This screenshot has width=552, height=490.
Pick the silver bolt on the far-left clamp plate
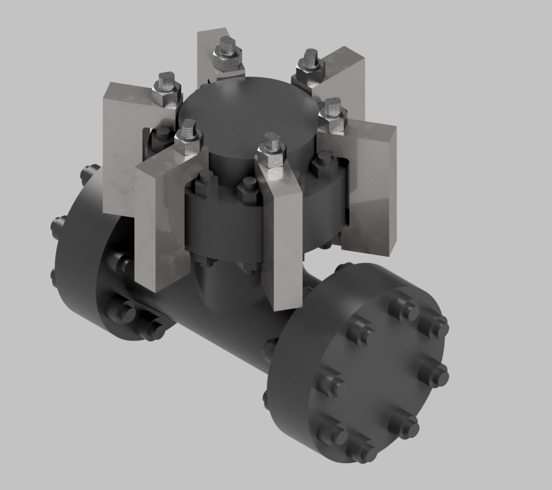(x=166, y=87)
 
